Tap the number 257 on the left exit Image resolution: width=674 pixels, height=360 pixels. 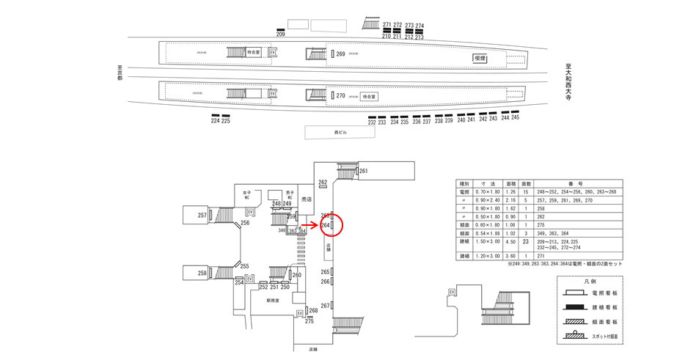tap(202, 216)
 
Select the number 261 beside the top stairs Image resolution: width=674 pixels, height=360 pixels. tap(363, 172)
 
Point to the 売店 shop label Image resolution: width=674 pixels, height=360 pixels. tap(307, 199)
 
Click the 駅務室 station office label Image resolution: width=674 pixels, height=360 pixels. tap(274, 300)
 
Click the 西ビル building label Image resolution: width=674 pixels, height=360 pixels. tap(340, 133)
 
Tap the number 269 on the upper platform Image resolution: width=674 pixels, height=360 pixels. tap(340, 54)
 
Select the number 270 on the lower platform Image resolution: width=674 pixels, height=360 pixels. tap(340, 96)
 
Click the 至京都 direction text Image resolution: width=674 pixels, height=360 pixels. tap(120, 73)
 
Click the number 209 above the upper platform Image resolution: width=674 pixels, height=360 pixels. tap(280, 34)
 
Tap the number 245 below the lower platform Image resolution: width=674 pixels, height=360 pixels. tap(515, 118)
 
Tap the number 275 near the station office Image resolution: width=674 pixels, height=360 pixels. tap(309, 321)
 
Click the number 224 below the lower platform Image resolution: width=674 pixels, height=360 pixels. tap(215, 121)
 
